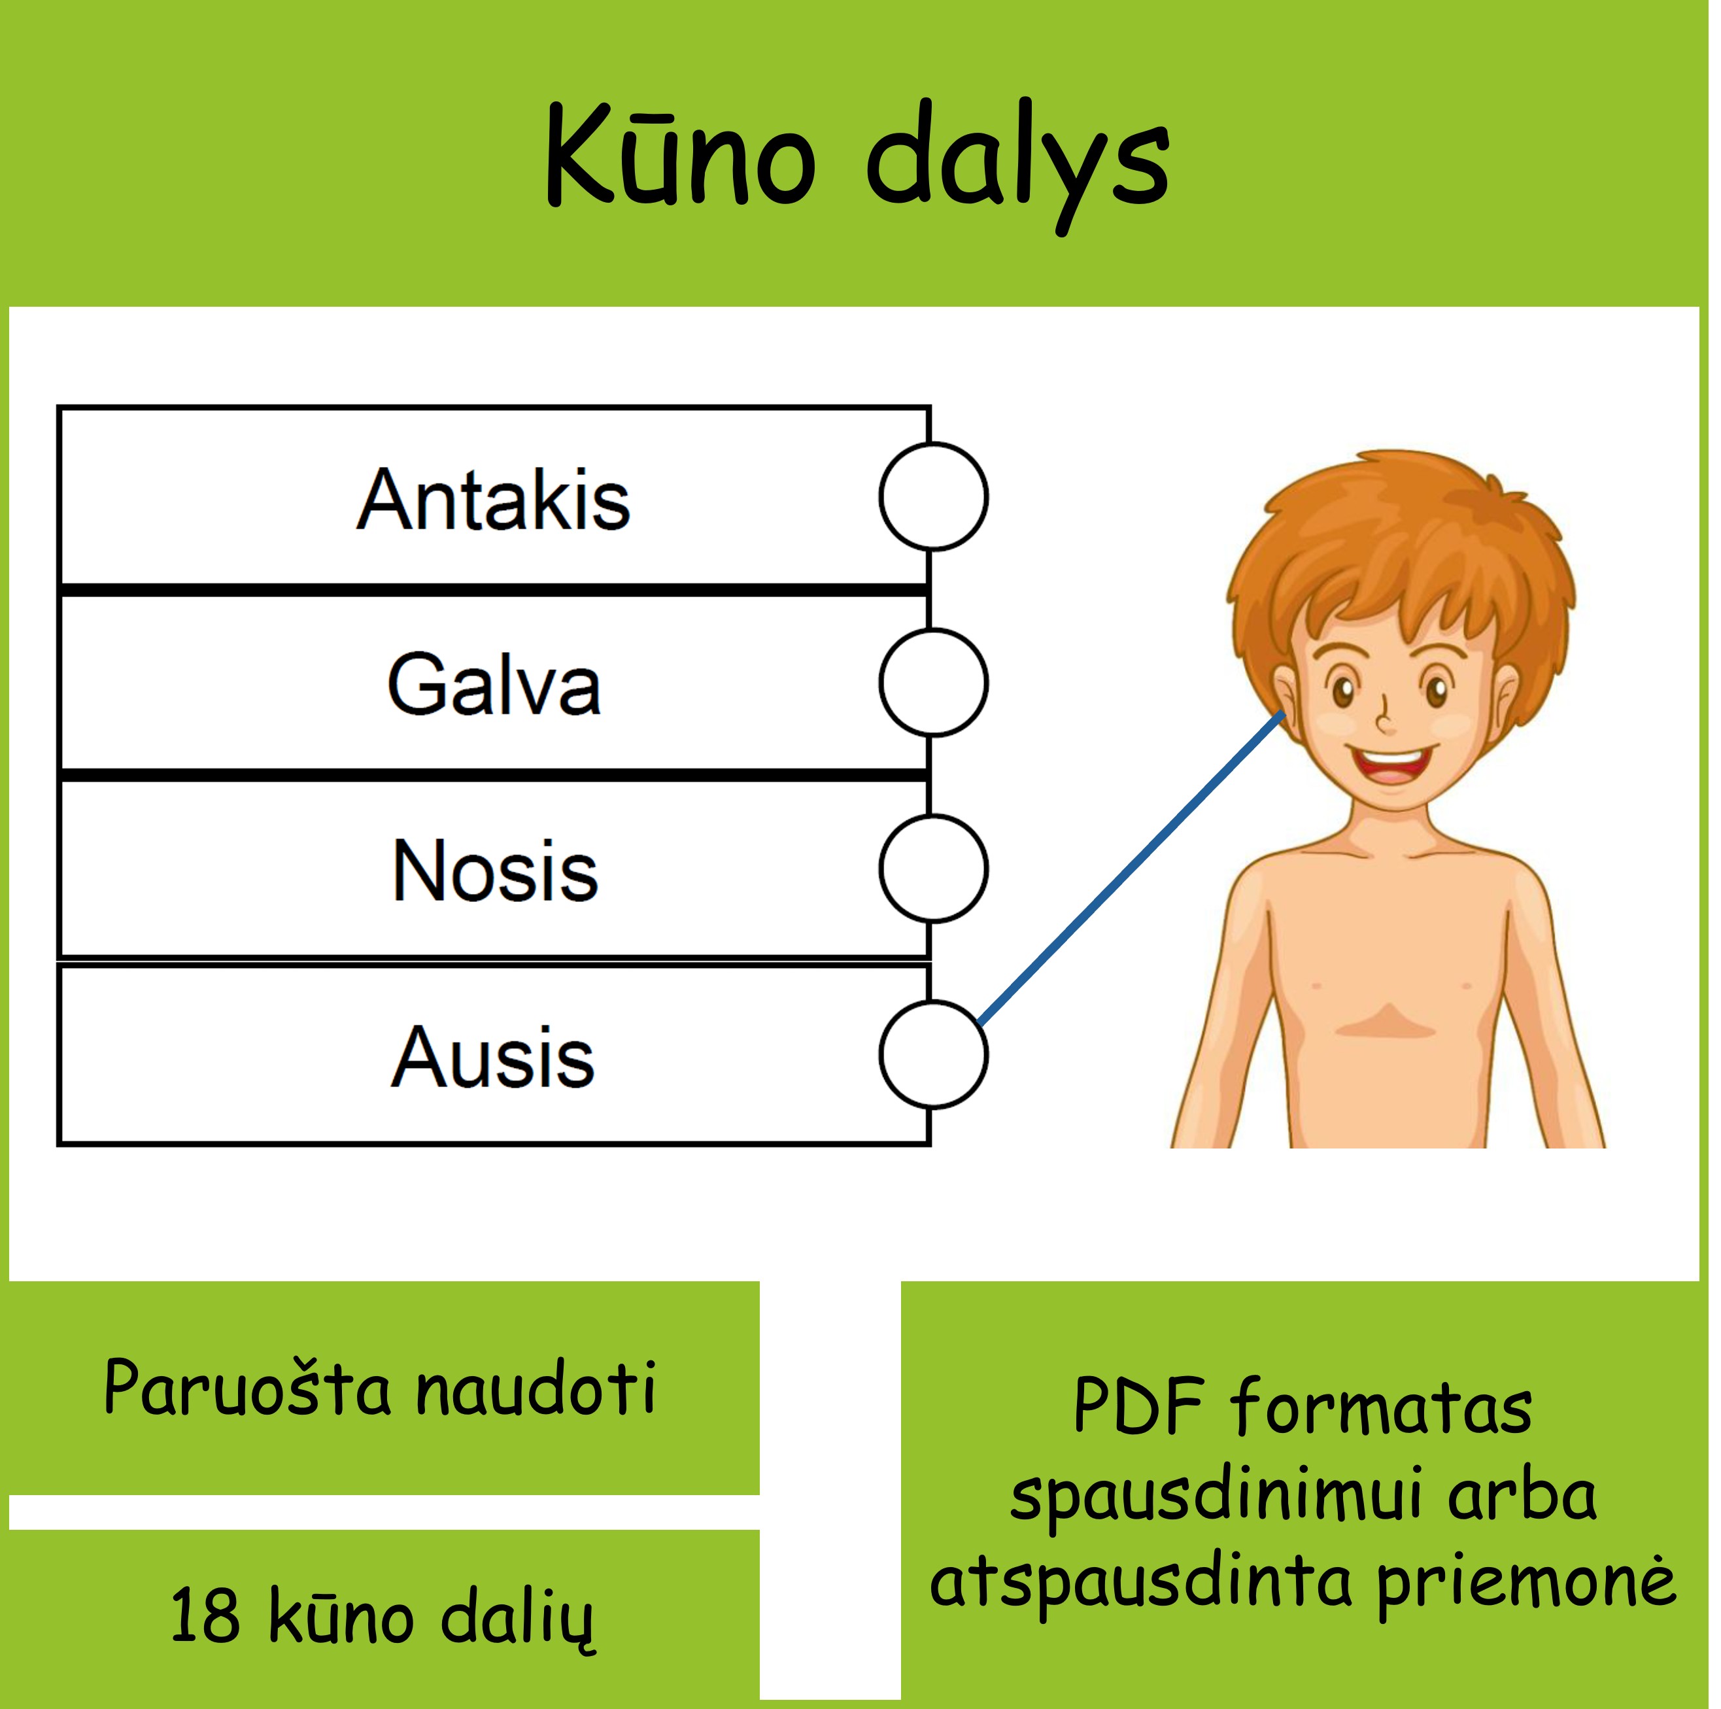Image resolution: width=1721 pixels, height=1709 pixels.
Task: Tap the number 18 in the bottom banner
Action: [205, 1615]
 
